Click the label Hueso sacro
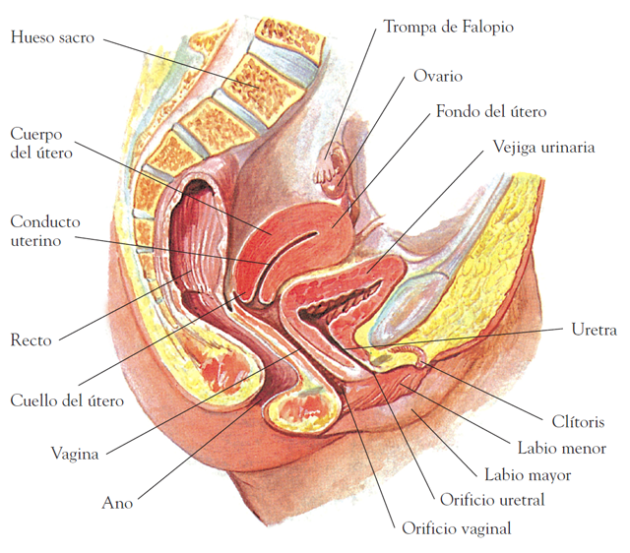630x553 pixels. click(53, 38)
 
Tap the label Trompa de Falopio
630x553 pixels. click(448, 26)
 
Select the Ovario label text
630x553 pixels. click(438, 76)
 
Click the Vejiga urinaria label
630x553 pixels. click(543, 148)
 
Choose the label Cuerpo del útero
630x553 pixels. click(41, 143)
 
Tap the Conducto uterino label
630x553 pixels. click(45, 230)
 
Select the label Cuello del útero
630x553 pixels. click(67, 400)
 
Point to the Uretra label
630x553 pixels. click(594, 330)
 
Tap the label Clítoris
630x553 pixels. click(572, 422)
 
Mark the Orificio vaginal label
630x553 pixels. click(456, 528)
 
